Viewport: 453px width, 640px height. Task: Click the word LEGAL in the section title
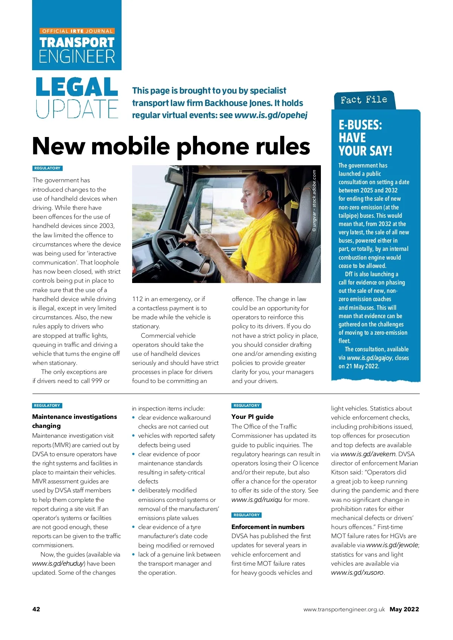click(77, 87)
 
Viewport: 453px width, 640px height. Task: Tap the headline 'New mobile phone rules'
click(171, 146)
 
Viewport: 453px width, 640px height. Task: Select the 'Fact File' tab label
click(364, 100)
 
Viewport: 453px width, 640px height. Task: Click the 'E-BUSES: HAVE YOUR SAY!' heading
click(365, 138)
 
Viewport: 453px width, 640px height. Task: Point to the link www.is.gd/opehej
click(271, 115)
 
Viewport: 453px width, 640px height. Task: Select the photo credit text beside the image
click(314, 201)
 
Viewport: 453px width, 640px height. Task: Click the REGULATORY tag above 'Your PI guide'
click(247, 406)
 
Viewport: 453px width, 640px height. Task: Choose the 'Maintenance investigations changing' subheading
click(74, 421)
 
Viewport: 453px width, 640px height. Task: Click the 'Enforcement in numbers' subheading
click(268, 527)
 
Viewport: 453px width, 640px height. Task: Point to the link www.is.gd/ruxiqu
click(257, 500)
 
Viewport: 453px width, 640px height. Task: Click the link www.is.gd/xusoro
click(357, 572)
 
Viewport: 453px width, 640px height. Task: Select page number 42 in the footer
click(36, 609)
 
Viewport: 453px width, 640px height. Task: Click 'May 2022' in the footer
click(404, 609)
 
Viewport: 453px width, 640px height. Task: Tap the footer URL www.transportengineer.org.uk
click(344, 609)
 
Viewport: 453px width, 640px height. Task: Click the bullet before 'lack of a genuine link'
click(134, 554)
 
